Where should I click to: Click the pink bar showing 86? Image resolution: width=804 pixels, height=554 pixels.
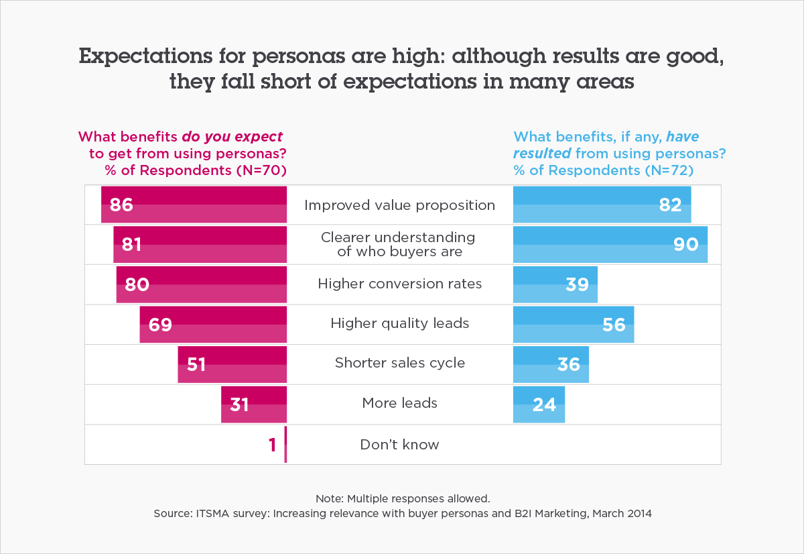194,205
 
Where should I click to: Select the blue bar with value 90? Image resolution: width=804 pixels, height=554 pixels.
610,245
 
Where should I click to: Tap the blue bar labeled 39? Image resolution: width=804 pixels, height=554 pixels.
555,284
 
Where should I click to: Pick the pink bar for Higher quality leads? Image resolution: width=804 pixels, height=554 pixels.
213,324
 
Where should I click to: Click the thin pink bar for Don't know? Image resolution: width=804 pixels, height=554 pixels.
285,444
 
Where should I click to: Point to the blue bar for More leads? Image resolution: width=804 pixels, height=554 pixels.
539,404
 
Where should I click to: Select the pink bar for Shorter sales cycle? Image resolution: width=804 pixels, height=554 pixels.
232,364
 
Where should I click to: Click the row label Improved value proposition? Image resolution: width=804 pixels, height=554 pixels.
399,205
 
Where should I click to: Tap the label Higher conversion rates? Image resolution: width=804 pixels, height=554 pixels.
399,284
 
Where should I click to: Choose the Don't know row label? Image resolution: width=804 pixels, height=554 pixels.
399,444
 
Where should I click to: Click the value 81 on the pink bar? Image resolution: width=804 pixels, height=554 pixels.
131,245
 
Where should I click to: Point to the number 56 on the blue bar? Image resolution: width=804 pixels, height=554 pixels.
614,325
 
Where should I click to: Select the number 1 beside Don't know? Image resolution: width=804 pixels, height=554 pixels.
272,445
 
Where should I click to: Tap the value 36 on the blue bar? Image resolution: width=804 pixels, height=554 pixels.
569,364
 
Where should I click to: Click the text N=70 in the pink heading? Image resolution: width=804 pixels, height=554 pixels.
261,170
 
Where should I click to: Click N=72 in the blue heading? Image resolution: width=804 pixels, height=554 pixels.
668,170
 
